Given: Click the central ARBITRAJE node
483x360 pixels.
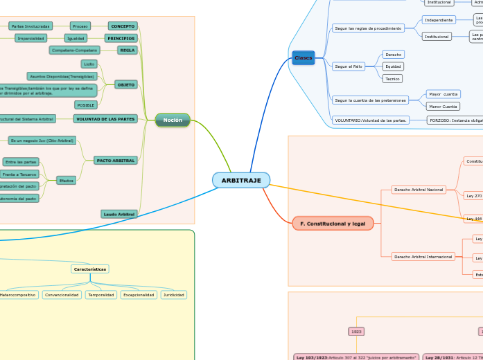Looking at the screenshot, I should [240, 181].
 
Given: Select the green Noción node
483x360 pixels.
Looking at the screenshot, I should [173, 120].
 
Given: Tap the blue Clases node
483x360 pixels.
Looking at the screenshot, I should [303, 57].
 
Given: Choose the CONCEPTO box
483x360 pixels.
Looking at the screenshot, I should [123, 26].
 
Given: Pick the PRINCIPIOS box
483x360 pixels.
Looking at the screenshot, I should [121, 38].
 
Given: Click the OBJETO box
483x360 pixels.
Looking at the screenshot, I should [125, 84].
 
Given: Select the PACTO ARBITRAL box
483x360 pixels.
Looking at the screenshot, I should [115, 160].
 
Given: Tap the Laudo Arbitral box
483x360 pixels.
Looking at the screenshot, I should [119, 214].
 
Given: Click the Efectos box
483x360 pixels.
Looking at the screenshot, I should [66, 180].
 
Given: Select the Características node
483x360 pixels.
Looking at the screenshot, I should [90, 269].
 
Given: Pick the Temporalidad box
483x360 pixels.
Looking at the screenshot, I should [101, 295].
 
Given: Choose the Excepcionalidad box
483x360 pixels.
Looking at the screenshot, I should [139, 295].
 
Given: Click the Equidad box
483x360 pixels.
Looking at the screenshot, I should [393, 66].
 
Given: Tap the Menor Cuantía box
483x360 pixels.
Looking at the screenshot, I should [443, 107].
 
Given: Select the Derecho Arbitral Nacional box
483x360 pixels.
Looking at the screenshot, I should [419, 189].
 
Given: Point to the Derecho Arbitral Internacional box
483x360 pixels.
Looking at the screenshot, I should [423, 256].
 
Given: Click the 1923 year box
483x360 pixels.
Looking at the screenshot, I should [356, 332].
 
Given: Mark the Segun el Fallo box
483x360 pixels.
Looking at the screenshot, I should [348, 66].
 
